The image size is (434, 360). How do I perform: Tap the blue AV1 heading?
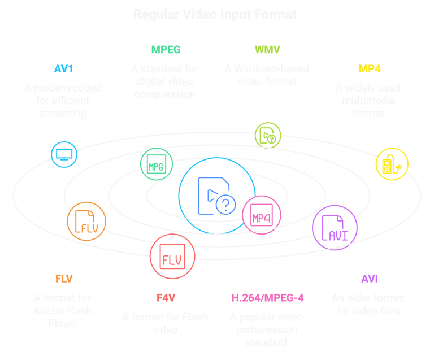click(x=63, y=70)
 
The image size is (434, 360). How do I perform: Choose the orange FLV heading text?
click(x=63, y=279)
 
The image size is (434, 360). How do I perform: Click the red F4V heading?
click(x=164, y=297)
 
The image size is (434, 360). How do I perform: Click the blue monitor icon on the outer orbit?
click(x=64, y=153)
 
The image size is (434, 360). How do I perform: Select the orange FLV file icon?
click(x=86, y=223)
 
